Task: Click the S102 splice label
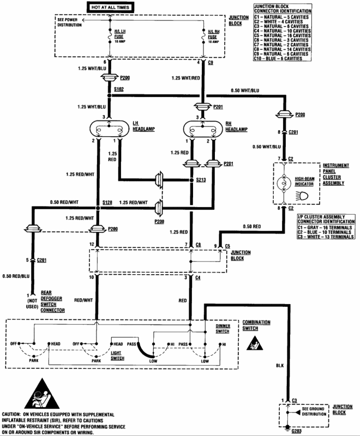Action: click(118, 89)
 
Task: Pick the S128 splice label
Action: click(107, 202)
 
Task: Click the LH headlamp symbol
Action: click(109, 130)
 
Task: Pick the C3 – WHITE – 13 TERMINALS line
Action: click(325, 237)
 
